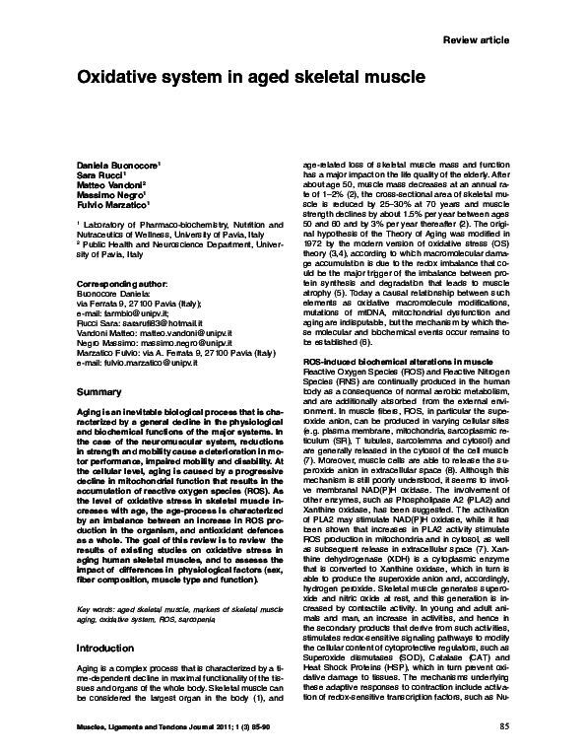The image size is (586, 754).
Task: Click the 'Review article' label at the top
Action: [x=478, y=38]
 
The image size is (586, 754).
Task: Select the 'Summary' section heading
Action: [x=98, y=392]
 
